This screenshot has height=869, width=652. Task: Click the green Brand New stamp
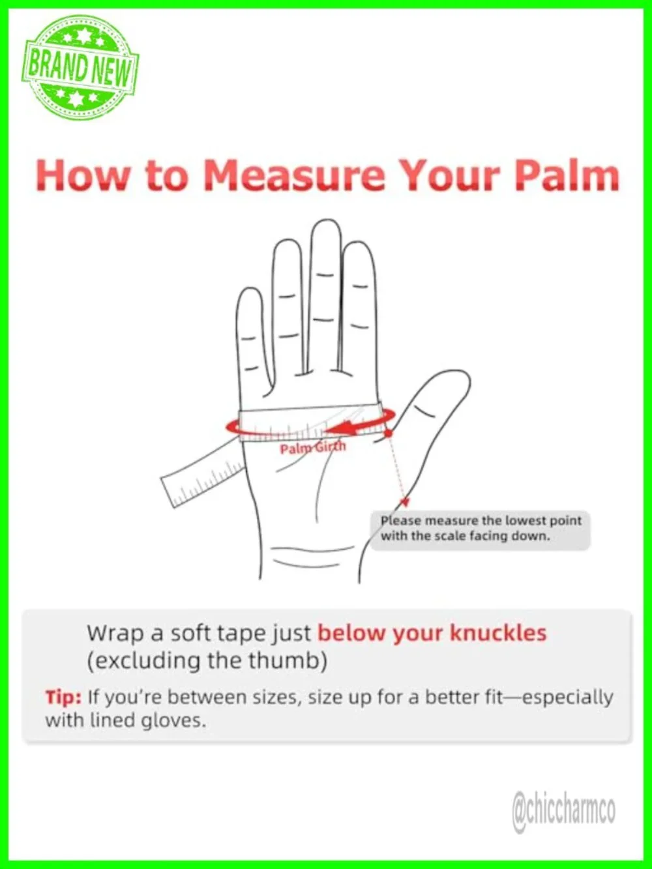tap(80, 68)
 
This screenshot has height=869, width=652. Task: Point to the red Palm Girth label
tap(313, 447)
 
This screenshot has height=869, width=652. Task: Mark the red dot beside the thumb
tap(389, 433)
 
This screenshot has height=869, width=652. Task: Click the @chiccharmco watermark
tap(564, 809)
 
